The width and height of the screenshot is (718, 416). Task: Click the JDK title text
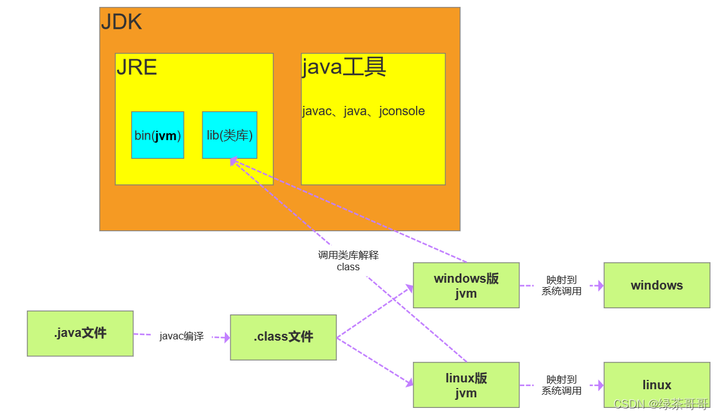coord(121,22)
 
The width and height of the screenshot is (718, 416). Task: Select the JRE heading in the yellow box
coord(136,67)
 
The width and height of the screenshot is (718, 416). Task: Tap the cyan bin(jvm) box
coord(158,135)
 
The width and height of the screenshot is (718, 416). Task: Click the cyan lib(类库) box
coord(229,135)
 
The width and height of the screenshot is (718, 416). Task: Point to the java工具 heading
coord(344,67)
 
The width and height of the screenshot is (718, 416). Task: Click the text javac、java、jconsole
coord(363,111)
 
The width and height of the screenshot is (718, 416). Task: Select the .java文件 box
coord(80,333)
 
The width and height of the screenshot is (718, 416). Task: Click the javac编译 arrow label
coord(181,336)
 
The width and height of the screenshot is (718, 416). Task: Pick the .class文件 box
coord(283,337)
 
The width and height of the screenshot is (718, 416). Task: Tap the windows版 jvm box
coord(466,285)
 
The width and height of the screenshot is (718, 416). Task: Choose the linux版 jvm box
coord(466,385)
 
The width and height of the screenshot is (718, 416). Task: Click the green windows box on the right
coord(656,285)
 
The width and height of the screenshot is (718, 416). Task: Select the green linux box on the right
coord(656,385)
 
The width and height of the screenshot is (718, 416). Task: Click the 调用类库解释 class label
coord(348,260)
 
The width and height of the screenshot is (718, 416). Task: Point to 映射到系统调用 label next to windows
coord(561,285)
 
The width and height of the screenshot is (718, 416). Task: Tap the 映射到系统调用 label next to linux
coord(561,385)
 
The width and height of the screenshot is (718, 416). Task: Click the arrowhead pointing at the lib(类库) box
coord(234,161)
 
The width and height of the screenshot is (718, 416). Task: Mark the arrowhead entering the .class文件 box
coord(226,338)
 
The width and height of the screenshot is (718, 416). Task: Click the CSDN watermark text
coord(661,404)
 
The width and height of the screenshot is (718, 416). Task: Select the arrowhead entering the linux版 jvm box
coord(409,383)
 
